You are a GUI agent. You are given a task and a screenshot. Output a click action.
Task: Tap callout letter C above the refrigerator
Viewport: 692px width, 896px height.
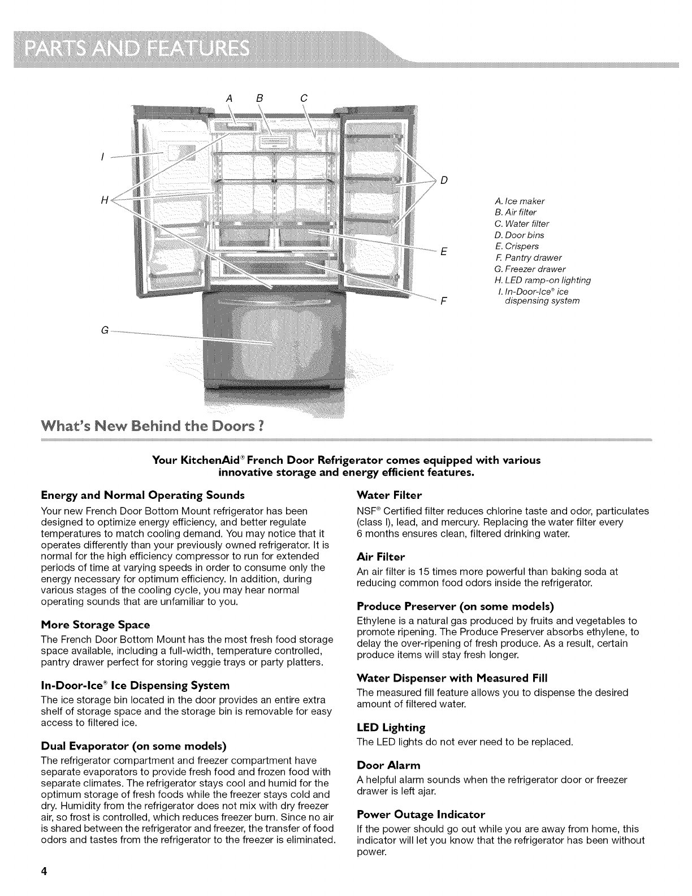[x=303, y=97]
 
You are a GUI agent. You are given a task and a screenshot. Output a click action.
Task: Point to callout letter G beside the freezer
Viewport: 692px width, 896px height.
[x=105, y=330]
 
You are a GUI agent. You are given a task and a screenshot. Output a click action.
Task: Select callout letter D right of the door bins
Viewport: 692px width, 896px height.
[x=444, y=181]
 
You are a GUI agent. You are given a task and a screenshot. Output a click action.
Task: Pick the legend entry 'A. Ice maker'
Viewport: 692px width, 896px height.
[x=519, y=201]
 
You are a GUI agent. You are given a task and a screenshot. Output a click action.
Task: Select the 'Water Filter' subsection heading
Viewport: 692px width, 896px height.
[x=390, y=496]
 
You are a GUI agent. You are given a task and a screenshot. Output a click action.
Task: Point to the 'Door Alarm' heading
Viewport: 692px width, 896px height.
[x=389, y=765]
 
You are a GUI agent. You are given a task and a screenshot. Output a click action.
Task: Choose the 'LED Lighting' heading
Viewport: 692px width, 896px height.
[x=391, y=727]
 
